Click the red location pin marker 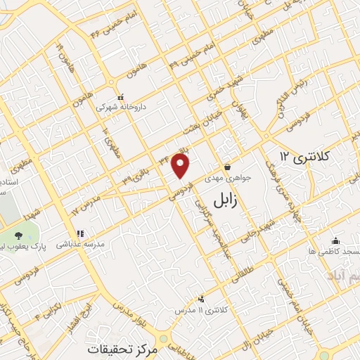click(181, 166)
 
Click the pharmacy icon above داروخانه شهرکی click(120, 97)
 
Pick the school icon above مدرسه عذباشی click(79, 233)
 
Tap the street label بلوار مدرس click(130, 310)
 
